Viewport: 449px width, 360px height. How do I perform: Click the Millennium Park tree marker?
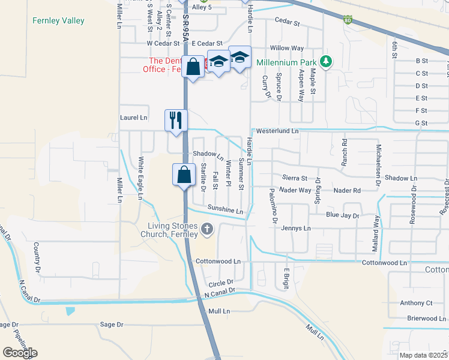click(x=326, y=62)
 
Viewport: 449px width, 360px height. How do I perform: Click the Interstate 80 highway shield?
click(x=349, y=20)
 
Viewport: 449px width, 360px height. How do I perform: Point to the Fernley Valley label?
click(x=58, y=21)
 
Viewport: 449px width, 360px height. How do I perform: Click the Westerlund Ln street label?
click(x=277, y=130)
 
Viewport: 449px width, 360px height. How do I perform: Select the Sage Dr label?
click(x=112, y=325)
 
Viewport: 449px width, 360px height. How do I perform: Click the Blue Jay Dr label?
click(x=342, y=215)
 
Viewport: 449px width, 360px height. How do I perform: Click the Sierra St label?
click(x=295, y=178)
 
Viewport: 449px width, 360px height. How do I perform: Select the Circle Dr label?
click(x=220, y=283)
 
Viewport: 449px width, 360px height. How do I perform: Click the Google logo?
click(x=20, y=353)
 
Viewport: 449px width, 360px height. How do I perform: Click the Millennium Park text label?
click(x=286, y=62)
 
